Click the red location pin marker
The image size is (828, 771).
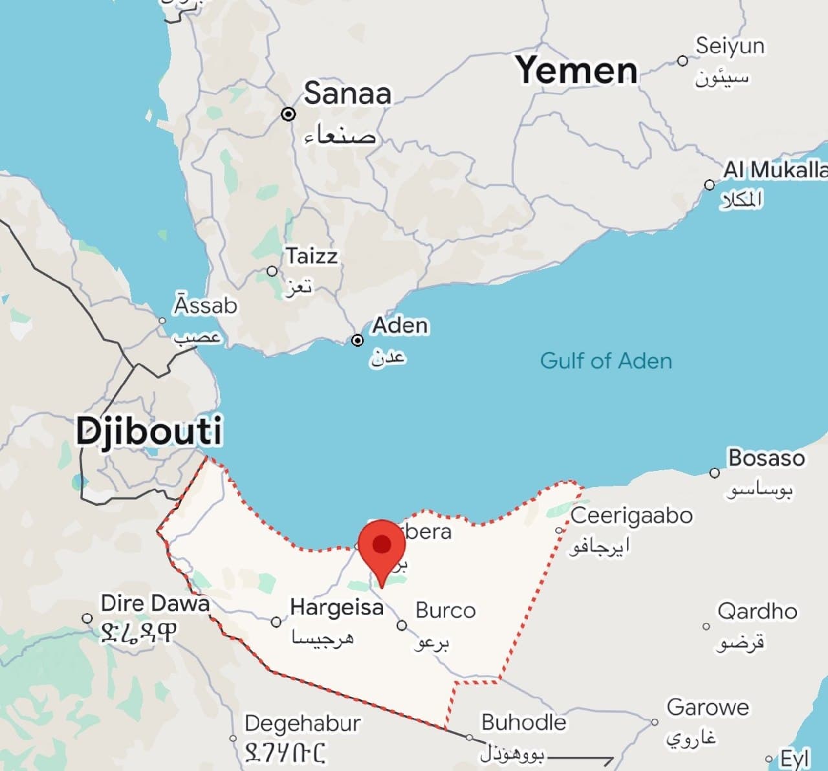click(382, 547)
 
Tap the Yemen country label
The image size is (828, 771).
click(576, 70)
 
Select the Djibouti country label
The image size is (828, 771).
click(149, 431)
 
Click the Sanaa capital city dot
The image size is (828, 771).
click(289, 114)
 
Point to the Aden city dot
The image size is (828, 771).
click(358, 340)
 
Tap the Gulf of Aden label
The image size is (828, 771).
click(606, 360)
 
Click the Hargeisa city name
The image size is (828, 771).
click(336, 607)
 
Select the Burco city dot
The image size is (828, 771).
click(402, 625)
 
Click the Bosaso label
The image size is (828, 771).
click(767, 458)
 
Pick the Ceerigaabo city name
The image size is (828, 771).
click(631, 516)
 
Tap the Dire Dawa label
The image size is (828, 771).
click(155, 603)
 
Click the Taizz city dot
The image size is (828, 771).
click(272, 271)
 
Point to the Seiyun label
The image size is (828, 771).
click(730, 46)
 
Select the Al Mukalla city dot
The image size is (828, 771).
click(710, 185)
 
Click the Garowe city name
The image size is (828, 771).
click(708, 707)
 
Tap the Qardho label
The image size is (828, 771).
click(757, 611)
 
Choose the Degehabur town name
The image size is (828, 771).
click(302, 723)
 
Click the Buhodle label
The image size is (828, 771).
click(523, 722)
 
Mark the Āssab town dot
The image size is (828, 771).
click(162, 320)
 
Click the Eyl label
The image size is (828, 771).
click(794, 759)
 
